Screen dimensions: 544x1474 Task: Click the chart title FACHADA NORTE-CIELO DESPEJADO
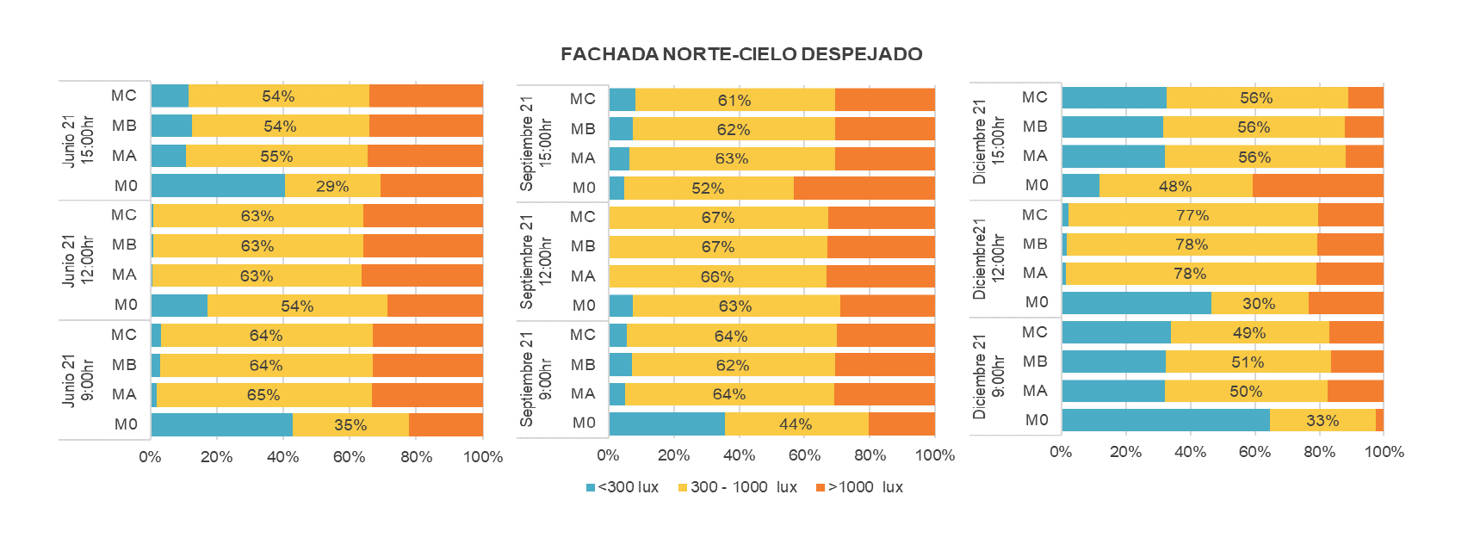tap(741, 54)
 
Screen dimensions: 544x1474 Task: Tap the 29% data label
tap(332, 186)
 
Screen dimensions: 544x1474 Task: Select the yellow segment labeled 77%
tap(1192, 215)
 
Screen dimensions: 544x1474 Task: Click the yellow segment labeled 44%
tap(796, 424)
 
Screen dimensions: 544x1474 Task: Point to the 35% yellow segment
tap(350, 425)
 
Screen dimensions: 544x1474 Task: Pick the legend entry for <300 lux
tap(622, 487)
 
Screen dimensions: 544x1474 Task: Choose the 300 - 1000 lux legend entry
tap(738, 487)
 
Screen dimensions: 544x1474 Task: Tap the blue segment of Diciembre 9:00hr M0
tap(1165, 420)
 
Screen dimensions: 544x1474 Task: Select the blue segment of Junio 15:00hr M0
tap(218, 186)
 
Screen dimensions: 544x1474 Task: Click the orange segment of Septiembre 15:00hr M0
tap(864, 188)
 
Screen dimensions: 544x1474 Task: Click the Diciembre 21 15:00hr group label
tap(988, 142)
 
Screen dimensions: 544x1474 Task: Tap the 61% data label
tap(734, 101)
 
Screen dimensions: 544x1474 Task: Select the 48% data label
tap(1174, 186)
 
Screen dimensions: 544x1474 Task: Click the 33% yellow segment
tap(1322, 420)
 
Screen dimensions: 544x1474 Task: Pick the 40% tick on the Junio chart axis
tap(282, 457)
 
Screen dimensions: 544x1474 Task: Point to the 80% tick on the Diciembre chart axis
tap(1319, 452)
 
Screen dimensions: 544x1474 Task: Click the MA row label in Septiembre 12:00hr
tap(583, 276)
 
